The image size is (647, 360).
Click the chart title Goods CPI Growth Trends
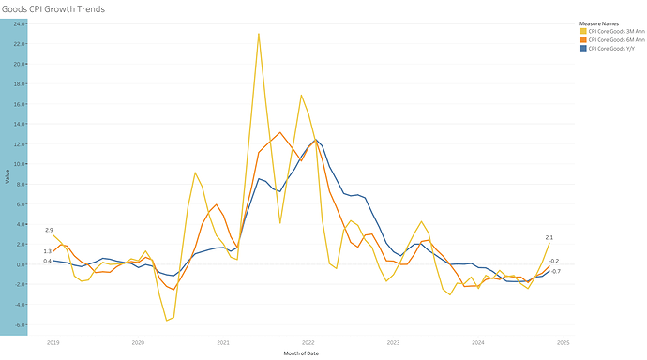click(x=53, y=8)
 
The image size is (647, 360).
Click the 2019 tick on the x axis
click(x=53, y=343)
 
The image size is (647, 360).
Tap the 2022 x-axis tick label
click(x=308, y=343)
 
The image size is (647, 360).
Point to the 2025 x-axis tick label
click(x=564, y=343)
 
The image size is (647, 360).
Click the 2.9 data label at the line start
click(x=48, y=230)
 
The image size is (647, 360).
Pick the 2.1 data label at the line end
click(x=549, y=237)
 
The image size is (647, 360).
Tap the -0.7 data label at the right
click(x=555, y=272)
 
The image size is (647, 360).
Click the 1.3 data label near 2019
click(x=47, y=251)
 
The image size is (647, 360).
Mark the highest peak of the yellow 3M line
click(x=259, y=34)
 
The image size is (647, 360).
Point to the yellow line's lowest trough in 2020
click(x=167, y=321)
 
